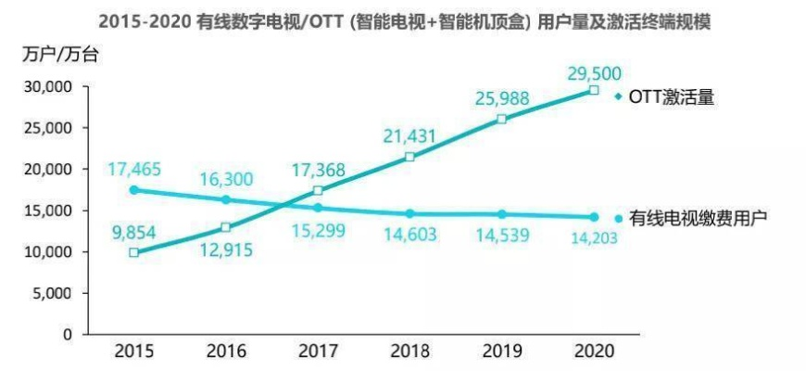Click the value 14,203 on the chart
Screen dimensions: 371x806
592,238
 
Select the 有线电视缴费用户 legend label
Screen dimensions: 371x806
699,219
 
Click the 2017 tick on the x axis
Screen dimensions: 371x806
318,352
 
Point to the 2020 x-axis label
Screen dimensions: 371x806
593,352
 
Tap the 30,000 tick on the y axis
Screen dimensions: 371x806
46,87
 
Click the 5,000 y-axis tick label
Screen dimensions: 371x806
51,293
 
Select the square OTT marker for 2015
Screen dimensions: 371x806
135,252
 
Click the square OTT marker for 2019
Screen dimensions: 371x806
501,120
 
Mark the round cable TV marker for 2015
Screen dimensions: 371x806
135,190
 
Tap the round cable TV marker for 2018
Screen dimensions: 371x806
409,213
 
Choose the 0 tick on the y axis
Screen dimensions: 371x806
68,334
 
